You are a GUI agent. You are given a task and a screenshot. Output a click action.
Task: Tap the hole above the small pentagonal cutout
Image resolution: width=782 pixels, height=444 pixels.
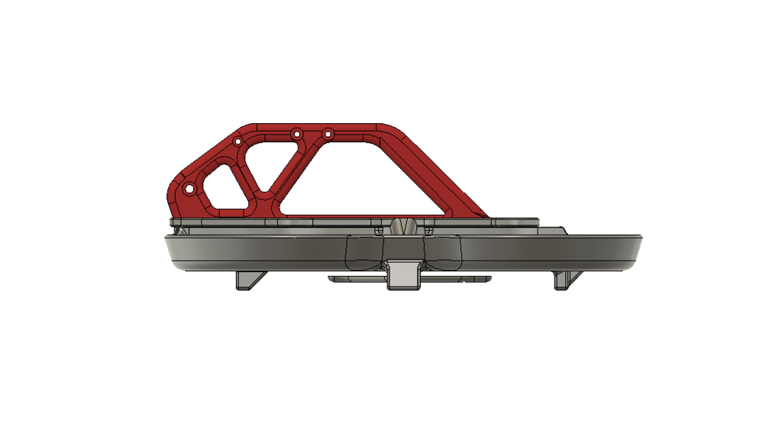[238, 142]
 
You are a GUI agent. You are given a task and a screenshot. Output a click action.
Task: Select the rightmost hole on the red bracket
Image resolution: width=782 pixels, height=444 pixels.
[328, 134]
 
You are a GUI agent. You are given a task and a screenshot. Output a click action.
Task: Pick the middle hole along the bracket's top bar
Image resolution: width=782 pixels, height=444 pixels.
[296, 134]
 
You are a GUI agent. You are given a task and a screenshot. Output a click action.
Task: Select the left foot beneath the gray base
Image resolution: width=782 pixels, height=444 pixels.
[249, 280]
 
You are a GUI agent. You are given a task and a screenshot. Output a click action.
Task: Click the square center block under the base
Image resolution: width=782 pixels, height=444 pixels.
[404, 274]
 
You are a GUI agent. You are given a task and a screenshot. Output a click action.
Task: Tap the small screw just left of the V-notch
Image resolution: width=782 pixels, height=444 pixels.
[380, 229]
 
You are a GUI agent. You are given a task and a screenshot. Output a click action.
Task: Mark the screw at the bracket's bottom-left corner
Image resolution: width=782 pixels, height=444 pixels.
[177, 228]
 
